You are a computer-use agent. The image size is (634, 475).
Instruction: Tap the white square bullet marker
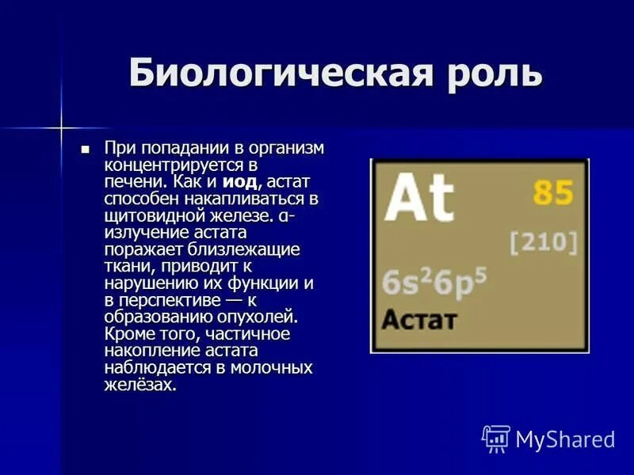tap(86, 149)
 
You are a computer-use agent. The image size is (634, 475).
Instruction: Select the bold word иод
tap(240, 182)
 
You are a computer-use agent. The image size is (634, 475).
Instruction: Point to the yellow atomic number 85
tap(553, 193)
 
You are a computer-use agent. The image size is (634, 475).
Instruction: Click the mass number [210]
tap(543, 242)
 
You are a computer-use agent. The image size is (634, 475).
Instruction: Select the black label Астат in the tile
tap(419, 321)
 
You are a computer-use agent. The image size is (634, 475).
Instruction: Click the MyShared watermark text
tap(565, 439)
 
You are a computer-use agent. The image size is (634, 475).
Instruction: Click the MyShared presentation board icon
tap(495, 438)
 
